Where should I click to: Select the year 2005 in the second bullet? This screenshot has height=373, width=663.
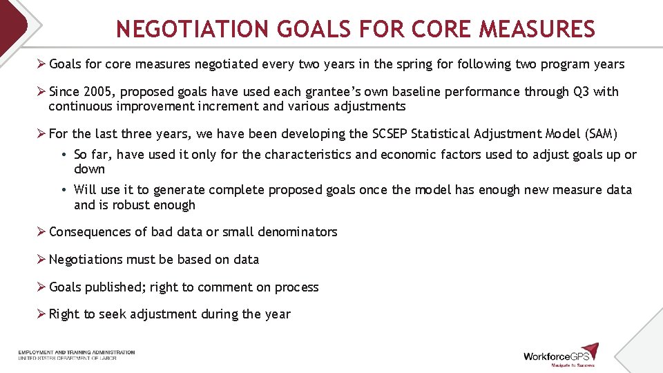95,92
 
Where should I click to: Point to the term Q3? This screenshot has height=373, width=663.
581,92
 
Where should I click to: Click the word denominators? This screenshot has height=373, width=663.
298,232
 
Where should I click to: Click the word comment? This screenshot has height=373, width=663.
222,287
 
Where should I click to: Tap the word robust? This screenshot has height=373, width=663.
135,205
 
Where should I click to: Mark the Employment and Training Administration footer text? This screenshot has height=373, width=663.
77,353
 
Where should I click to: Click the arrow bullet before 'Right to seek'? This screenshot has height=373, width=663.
41,314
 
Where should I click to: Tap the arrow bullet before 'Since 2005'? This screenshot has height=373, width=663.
41,92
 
